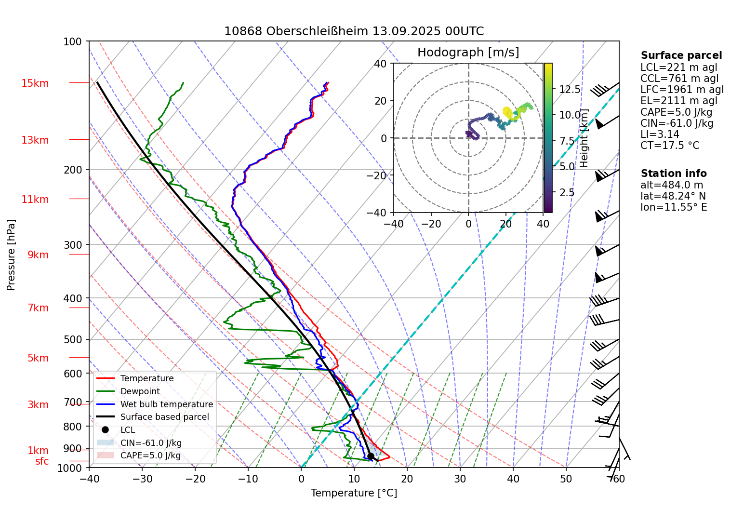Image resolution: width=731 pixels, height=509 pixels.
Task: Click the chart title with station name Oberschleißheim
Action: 354,31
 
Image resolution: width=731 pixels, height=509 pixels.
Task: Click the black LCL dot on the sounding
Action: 371,456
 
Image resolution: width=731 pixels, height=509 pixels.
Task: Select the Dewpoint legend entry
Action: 140,391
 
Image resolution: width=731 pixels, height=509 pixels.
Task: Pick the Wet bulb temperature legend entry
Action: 166,404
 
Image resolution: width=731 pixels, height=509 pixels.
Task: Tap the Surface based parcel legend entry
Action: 164,417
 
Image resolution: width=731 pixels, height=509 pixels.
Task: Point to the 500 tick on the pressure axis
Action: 73,339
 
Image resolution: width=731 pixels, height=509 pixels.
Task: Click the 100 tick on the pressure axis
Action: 73,41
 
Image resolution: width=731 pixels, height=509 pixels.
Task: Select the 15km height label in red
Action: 35,83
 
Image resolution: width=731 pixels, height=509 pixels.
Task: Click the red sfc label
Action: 42,461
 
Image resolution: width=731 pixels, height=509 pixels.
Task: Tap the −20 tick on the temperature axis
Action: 195,479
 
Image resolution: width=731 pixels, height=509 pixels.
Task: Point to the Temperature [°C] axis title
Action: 354,493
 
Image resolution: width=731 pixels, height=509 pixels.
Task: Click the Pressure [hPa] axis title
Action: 11,255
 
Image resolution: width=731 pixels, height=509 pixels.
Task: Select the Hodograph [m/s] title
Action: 468,53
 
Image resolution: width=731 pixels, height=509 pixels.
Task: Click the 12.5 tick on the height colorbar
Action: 570,89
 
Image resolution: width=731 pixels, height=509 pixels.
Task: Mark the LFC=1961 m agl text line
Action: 682,90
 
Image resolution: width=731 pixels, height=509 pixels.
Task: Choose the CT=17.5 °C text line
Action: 669,146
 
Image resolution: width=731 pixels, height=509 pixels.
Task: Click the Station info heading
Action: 673,174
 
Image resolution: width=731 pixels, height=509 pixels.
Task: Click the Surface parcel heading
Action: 681,55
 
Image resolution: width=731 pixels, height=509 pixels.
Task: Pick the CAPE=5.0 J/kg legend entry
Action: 150,455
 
